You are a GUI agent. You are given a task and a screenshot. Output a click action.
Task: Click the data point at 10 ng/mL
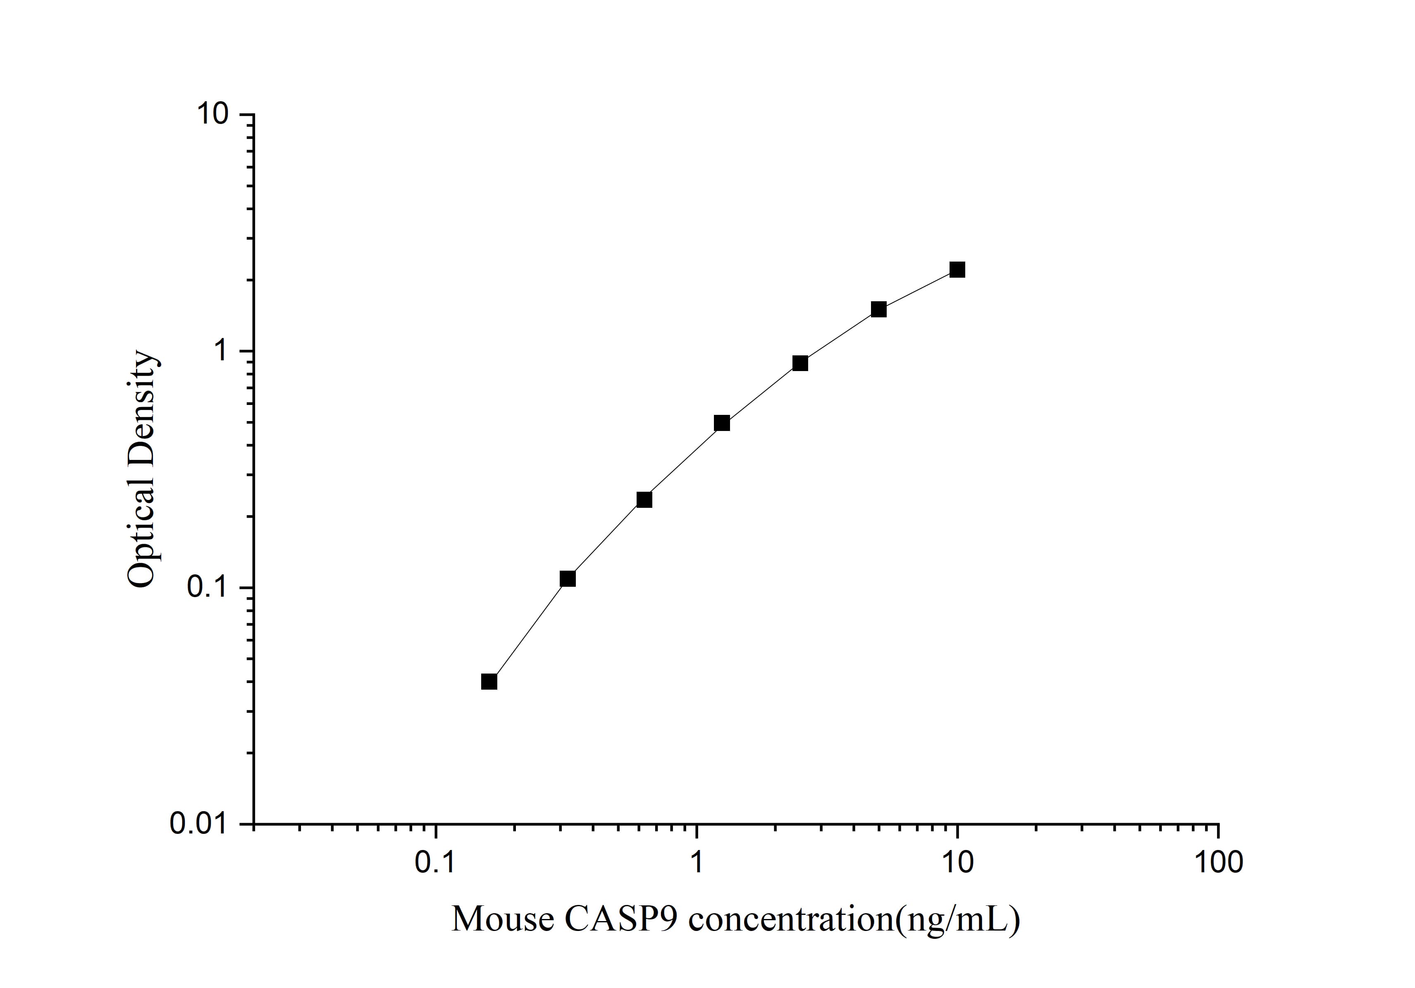click(957, 270)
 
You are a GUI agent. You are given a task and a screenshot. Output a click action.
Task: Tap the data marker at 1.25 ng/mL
click(722, 423)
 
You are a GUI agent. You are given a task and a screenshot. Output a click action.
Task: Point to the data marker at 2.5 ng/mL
click(800, 363)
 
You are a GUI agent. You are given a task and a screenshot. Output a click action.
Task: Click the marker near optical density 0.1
click(568, 579)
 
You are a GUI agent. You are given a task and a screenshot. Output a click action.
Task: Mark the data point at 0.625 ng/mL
click(644, 500)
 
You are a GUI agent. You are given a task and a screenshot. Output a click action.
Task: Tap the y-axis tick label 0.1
click(207, 588)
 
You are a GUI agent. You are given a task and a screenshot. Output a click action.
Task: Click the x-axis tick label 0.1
click(435, 862)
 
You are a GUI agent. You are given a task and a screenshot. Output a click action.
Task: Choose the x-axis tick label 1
click(697, 862)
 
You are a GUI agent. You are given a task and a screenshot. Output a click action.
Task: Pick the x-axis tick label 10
click(957, 862)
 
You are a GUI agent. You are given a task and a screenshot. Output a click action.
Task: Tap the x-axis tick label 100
click(1218, 862)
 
